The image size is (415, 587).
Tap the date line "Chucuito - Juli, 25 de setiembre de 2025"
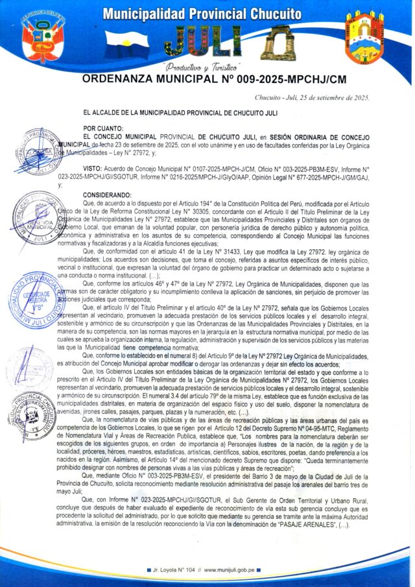312,97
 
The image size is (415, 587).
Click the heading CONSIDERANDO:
110,195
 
